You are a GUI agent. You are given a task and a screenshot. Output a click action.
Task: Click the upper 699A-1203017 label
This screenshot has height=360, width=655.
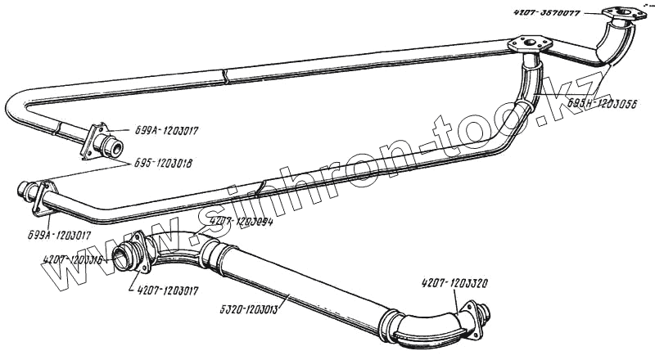tap(162, 129)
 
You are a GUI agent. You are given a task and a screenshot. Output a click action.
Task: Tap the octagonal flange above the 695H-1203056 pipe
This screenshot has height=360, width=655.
tap(526, 44)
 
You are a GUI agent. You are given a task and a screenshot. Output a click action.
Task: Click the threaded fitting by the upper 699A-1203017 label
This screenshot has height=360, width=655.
tap(110, 146)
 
